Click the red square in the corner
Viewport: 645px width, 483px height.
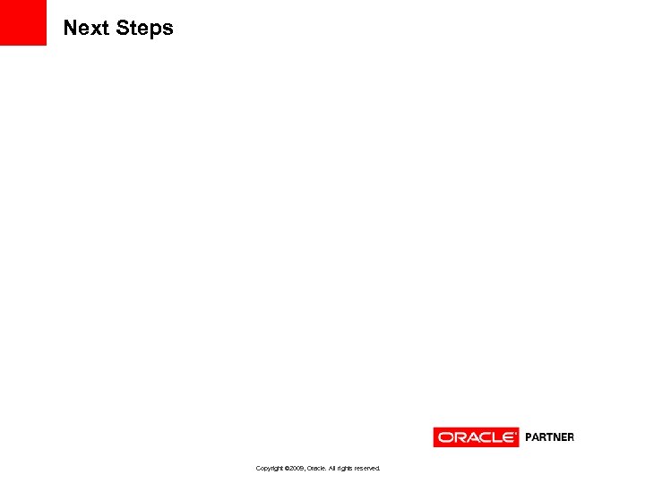(22, 22)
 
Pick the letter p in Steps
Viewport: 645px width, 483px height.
(156, 30)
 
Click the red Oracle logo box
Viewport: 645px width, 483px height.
(476, 437)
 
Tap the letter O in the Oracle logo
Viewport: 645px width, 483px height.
(444, 437)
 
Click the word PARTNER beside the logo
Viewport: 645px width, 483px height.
(549, 437)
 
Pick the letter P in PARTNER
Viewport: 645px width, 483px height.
(529, 437)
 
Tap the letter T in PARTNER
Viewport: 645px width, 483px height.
(549, 437)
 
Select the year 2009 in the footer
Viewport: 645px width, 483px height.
(297, 468)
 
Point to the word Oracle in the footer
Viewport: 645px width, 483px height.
(316, 468)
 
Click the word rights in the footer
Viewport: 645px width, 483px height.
(346, 468)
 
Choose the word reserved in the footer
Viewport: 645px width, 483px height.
(368, 468)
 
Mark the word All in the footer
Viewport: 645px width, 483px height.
(332, 468)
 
